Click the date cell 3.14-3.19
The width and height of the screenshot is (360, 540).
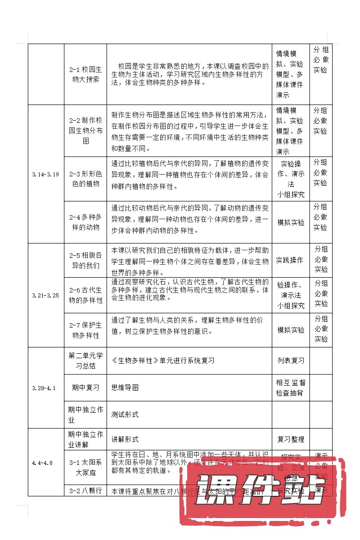click(x=46, y=175)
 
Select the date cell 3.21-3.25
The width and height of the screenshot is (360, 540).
click(x=46, y=296)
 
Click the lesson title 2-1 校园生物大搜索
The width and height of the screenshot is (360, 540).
click(x=85, y=75)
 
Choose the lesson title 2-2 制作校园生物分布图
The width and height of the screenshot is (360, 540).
click(x=85, y=130)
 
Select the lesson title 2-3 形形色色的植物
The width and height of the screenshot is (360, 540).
click(x=85, y=179)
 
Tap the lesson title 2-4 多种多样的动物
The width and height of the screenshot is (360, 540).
click(x=85, y=222)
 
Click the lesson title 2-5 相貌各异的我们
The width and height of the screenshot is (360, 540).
click(x=85, y=260)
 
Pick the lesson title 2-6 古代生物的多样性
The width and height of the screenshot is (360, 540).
click(x=85, y=295)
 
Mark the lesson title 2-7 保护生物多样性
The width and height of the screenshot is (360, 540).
click(x=85, y=330)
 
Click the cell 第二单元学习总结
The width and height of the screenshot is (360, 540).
click(x=85, y=360)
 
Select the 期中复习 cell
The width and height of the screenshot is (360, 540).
click(x=85, y=387)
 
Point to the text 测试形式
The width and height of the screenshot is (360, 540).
click(x=125, y=414)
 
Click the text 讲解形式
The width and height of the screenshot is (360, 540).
click(x=125, y=439)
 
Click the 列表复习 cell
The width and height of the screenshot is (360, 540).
click(x=290, y=360)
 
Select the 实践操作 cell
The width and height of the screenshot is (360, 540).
click(x=289, y=260)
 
